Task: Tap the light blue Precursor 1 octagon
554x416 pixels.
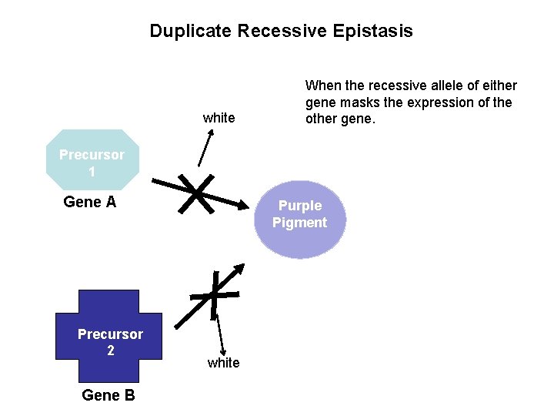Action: click(92, 160)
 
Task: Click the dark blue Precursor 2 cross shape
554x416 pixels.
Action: click(109, 336)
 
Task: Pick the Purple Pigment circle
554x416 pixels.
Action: click(299, 219)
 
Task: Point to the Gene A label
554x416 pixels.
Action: click(90, 202)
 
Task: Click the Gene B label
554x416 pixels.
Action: click(108, 395)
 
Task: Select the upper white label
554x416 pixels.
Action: click(219, 118)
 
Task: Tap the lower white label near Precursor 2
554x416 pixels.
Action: click(223, 363)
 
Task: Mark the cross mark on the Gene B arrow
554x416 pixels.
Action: click(215, 294)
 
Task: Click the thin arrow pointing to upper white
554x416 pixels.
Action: click(205, 146)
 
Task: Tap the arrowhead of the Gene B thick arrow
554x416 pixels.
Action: click(239, 270)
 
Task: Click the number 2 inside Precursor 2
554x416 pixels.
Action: click(110, 351)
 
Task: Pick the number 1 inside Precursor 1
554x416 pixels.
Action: click(92, 172)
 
